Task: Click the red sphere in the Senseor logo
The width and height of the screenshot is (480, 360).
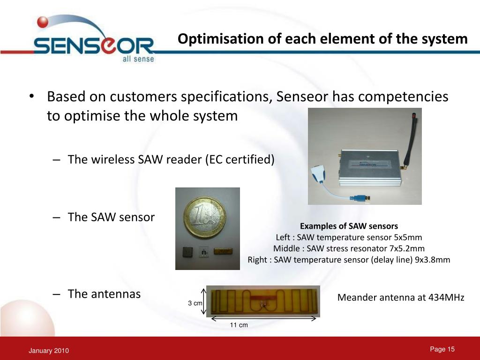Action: point(43,22)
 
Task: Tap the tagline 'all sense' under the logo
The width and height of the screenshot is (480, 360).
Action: point(138,59)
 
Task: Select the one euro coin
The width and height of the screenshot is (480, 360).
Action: point(205,217)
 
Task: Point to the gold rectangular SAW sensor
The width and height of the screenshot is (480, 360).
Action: point(223,251)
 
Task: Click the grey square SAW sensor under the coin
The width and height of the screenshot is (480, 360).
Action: point(187,252)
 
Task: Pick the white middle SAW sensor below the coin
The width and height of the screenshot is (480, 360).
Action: point(204,252)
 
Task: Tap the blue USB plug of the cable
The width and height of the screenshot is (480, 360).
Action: point(361,198)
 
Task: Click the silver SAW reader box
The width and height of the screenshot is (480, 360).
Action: point(370,168)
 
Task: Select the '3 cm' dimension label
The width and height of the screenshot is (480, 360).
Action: point(195,303)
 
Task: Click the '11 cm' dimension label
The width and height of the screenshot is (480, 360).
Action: point(239,325)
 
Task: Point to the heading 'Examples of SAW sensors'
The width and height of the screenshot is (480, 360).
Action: point(349,226)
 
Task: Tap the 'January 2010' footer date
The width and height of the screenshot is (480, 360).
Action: point(49,351)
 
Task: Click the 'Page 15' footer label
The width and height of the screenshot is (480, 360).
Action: point(442,349)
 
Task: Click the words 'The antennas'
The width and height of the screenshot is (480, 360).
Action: point(104,294)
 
